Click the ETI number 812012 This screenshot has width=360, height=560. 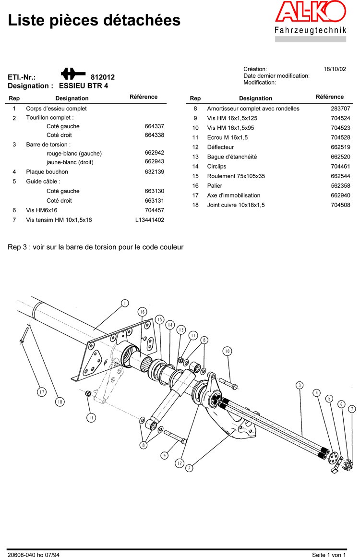click(x=103, y=77)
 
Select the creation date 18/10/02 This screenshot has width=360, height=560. click(x=335, y=69)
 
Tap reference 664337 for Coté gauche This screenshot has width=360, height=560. click(x=154, y=126)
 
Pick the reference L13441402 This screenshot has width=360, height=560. click(x=149, y=220)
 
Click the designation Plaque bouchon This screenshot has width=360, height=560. click(x=47, y=172)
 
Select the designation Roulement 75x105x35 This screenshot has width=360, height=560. click(x=236, y=176)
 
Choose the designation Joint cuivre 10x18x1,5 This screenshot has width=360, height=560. click(x=236, y=205)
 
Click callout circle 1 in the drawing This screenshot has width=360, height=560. click(x=124, y=303)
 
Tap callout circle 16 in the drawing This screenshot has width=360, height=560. click(x=142, y=312)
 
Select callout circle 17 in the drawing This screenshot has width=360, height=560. click(x=42, y=392)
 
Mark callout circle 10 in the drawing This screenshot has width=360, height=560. click(x=227, y=351)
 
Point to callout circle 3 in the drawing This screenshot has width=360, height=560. click(x=300, y=385)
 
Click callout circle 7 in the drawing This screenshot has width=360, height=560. click(x=352, y=409)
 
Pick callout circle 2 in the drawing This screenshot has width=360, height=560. click(x=189, y=468)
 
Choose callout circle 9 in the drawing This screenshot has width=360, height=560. click(x=164, y=455)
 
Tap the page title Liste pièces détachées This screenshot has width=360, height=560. click(x=95, y=20)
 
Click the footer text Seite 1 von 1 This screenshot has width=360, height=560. click(x=328, y=555)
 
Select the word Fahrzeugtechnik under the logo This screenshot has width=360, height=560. click(x=310, y=31)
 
